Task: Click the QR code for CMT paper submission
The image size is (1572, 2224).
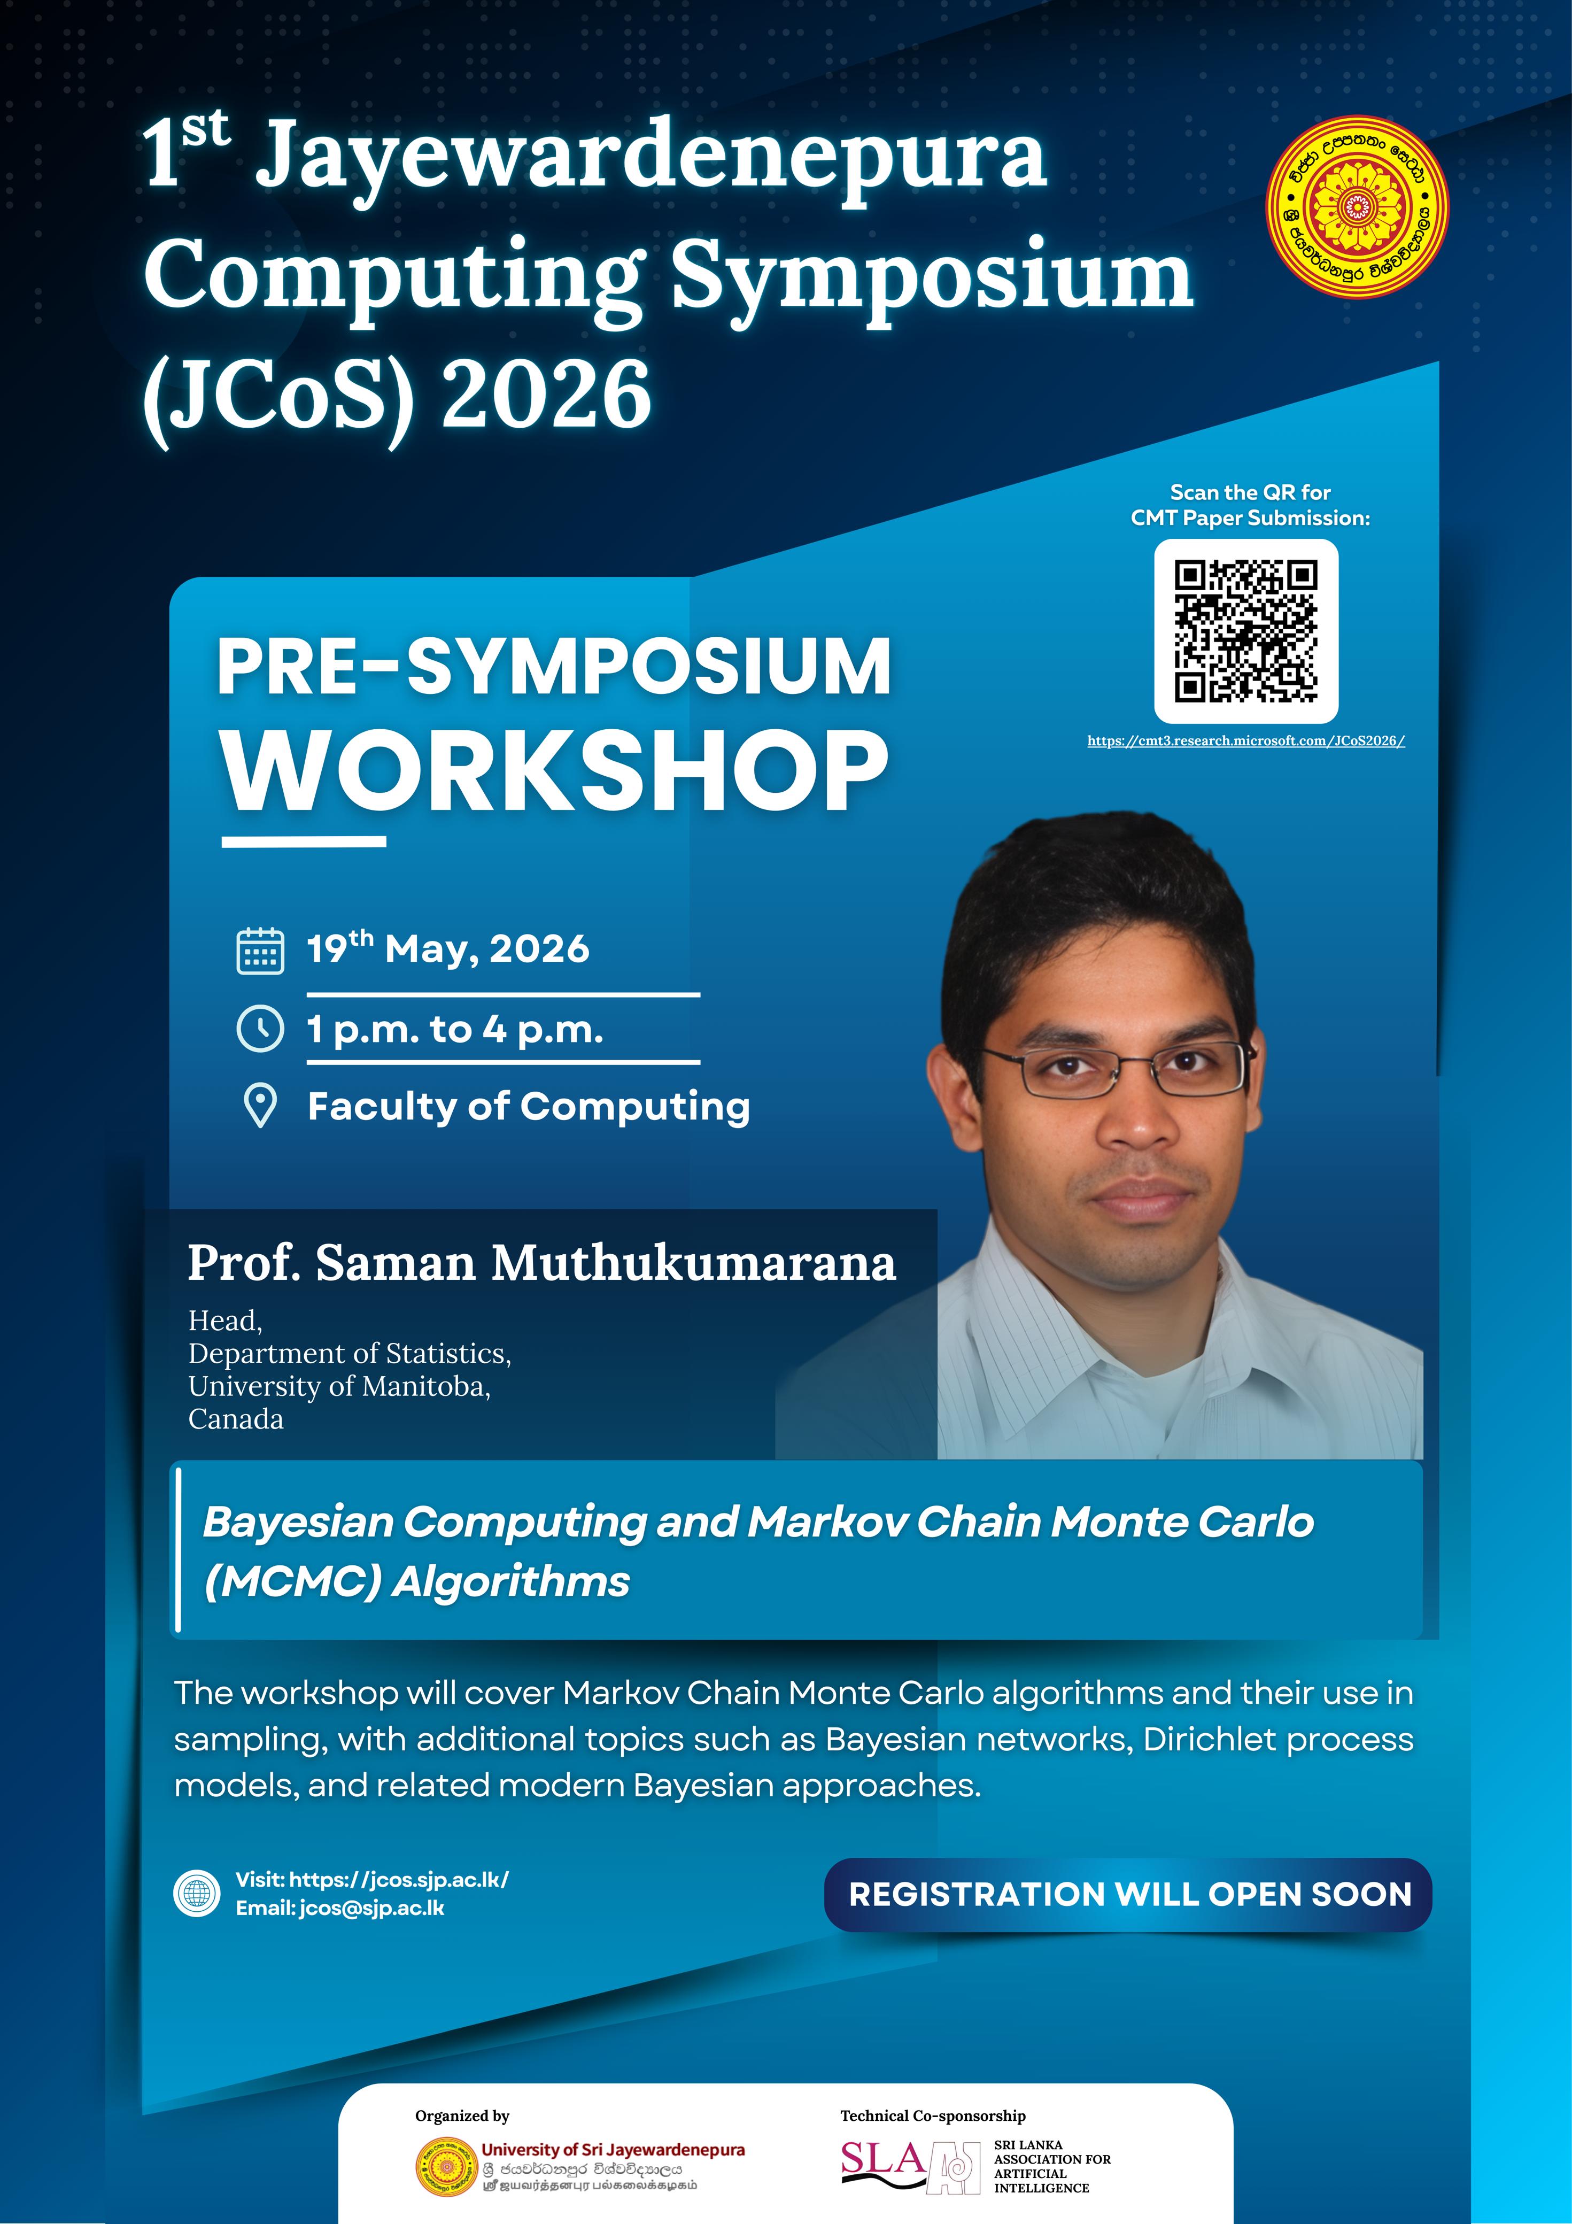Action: point(1245,631)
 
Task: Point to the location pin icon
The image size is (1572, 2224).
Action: point(260,1106)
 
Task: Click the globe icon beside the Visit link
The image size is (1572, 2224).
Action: point(198,1894)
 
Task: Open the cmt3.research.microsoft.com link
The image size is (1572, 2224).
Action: point(1245,741)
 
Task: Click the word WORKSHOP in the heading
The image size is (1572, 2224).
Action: point(555,772)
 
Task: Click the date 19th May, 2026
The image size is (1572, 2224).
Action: point(447,948)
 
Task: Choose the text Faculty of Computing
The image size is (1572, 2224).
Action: point(529,1106)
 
